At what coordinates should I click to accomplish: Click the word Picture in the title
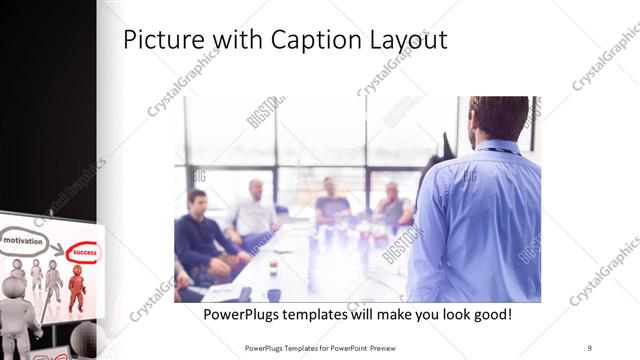161,40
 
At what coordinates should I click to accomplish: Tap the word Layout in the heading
404,41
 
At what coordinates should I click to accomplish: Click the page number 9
590,347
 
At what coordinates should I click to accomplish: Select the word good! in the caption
490,314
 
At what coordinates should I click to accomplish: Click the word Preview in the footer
391,347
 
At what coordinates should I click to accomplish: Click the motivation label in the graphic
23,241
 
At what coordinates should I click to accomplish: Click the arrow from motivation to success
54,246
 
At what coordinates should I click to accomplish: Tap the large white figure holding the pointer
17,315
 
